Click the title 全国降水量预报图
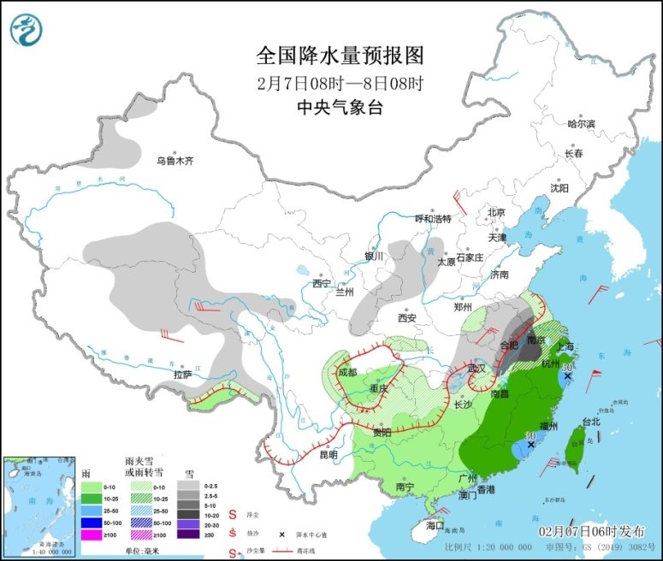pyautogui.click(x=340, y=56)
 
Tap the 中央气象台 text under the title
pyautogui.click(x=340, y=107)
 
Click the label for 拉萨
pyautogui.click(x=181, y=375)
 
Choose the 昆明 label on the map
pyautogui.click(x=329, y=454)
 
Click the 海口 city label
pyautogui.click(x=435, y=524)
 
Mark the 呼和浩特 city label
pyautogui.click(x=431, y=218)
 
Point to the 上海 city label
pyautogui.click(x=564, y=345)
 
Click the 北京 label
pyautogui.click(x=496, y=212)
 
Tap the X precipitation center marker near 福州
pyautogui.click(x=531, y=445)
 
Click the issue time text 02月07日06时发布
pyautogui.click(x=591, y=531)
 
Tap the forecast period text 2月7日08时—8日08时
pyautogui.click(x=340, y=83)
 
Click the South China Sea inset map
pyautogui.click(x=38, y=507)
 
